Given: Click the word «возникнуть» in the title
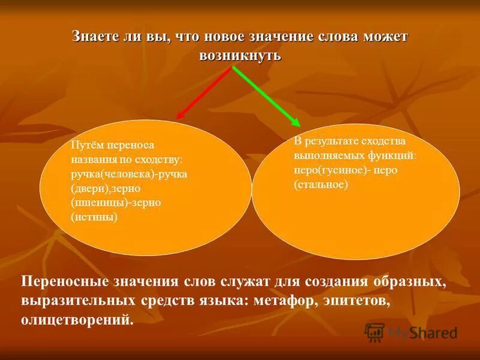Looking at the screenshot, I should tap(239, 55).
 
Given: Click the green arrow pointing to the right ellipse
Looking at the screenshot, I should tap(266, 95).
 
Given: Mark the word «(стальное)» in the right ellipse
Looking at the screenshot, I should tap(321, 185).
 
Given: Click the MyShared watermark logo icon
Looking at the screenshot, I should tap(374, 332).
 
